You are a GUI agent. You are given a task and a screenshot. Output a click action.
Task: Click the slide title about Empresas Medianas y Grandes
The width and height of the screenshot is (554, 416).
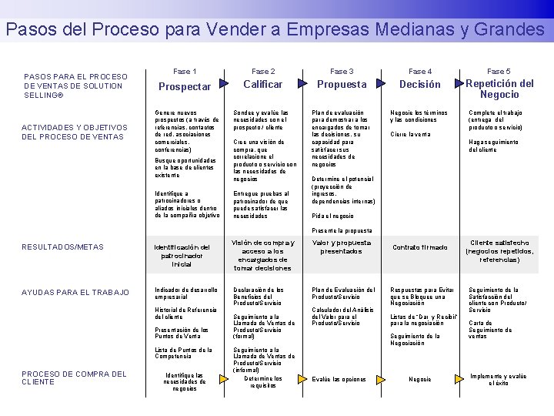coord(275,30)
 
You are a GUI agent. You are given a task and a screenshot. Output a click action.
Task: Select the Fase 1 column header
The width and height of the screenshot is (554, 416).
coord(185,71)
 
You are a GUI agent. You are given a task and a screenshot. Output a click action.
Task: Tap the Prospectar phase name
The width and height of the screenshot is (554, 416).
coord(185,87)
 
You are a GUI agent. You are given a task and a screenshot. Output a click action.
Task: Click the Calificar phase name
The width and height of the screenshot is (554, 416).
coord(263,84)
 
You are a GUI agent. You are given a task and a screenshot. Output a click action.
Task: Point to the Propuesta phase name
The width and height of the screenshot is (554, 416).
coord(342,84)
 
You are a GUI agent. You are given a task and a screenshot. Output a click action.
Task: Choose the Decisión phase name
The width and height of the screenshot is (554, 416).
coord(420,84)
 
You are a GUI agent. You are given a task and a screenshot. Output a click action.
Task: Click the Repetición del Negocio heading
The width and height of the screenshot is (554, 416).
coord(499,89)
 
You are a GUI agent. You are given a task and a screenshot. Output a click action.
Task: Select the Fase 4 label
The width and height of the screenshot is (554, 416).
coord(420,71)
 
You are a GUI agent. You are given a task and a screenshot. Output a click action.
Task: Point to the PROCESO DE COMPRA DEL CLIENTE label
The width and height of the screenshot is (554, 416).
coord(74,377)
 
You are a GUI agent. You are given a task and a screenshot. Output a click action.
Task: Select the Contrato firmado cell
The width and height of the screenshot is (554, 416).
coord(420,247)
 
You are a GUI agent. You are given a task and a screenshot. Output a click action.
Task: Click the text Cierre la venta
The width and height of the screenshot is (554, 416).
coord(410,134)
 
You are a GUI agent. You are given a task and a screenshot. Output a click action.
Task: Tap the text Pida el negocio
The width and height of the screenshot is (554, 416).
coord(332,216)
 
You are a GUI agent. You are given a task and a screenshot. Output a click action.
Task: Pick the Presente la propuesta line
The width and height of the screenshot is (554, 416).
coord(342,230)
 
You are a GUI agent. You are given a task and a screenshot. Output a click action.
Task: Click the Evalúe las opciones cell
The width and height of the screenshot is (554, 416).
coord(339,379)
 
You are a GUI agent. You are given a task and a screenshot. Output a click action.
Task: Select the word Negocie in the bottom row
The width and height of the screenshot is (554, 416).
coord(420,379)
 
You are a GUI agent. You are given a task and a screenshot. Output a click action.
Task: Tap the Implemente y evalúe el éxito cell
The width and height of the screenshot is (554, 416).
coord(499,379)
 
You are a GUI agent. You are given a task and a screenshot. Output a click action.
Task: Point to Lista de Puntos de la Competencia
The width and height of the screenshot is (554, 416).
coord(183,353)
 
